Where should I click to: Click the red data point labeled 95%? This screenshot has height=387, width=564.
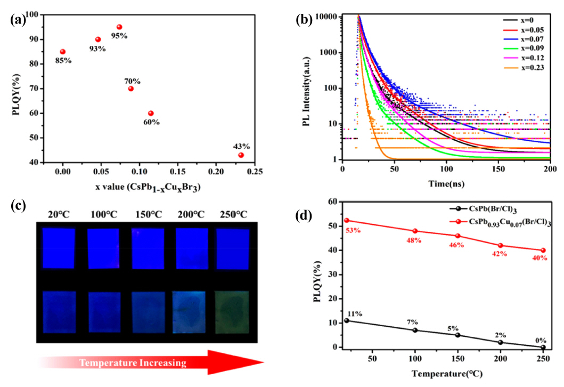click(119, 27)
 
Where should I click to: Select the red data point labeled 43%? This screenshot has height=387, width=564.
click(241, 155)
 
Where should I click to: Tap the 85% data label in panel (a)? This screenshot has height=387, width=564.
click(63, 60)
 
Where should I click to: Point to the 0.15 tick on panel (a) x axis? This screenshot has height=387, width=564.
click(178, 172)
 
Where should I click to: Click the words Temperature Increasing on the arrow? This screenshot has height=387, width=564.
click(133, 364)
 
